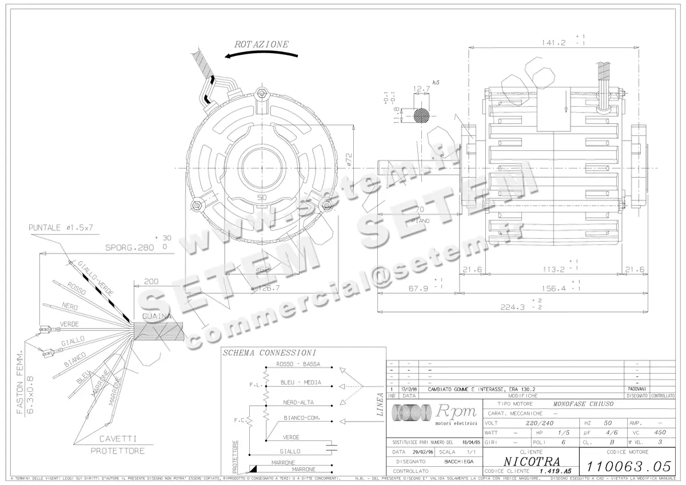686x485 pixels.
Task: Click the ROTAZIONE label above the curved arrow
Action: point(261,44)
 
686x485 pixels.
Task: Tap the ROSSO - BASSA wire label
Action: point(298,364)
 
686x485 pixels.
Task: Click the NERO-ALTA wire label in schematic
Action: point(298,402)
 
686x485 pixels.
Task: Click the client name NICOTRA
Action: point(532,460)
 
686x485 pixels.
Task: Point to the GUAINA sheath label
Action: point(157,316)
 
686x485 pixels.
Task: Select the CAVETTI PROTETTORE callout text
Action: point(118,444)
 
